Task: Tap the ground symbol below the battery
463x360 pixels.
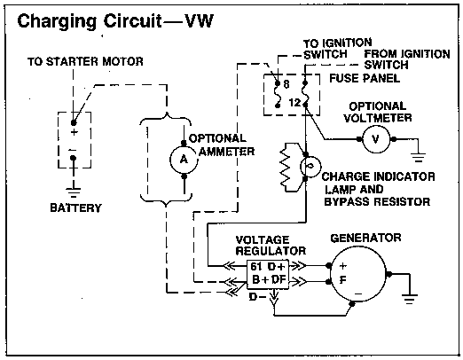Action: coord(74,192)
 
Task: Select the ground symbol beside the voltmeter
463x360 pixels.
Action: coord(418,157)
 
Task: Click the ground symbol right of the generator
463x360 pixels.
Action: coord(410,299)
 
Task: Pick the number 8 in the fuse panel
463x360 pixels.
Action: coord(286,84)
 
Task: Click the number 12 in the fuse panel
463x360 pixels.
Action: coord(294,103)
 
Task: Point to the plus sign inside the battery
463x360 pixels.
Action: coord(75,132)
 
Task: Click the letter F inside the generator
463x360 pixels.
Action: coord(343,280)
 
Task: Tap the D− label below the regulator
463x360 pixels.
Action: coord(258,296)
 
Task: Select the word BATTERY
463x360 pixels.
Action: coord(75,207)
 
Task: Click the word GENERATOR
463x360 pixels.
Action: coord(365,238)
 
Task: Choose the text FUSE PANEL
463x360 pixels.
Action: coord(365,78)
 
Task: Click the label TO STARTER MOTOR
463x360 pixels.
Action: coord(85,61)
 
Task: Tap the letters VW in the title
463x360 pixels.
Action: coord(199,21)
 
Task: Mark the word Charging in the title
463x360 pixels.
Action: coord(57,22)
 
